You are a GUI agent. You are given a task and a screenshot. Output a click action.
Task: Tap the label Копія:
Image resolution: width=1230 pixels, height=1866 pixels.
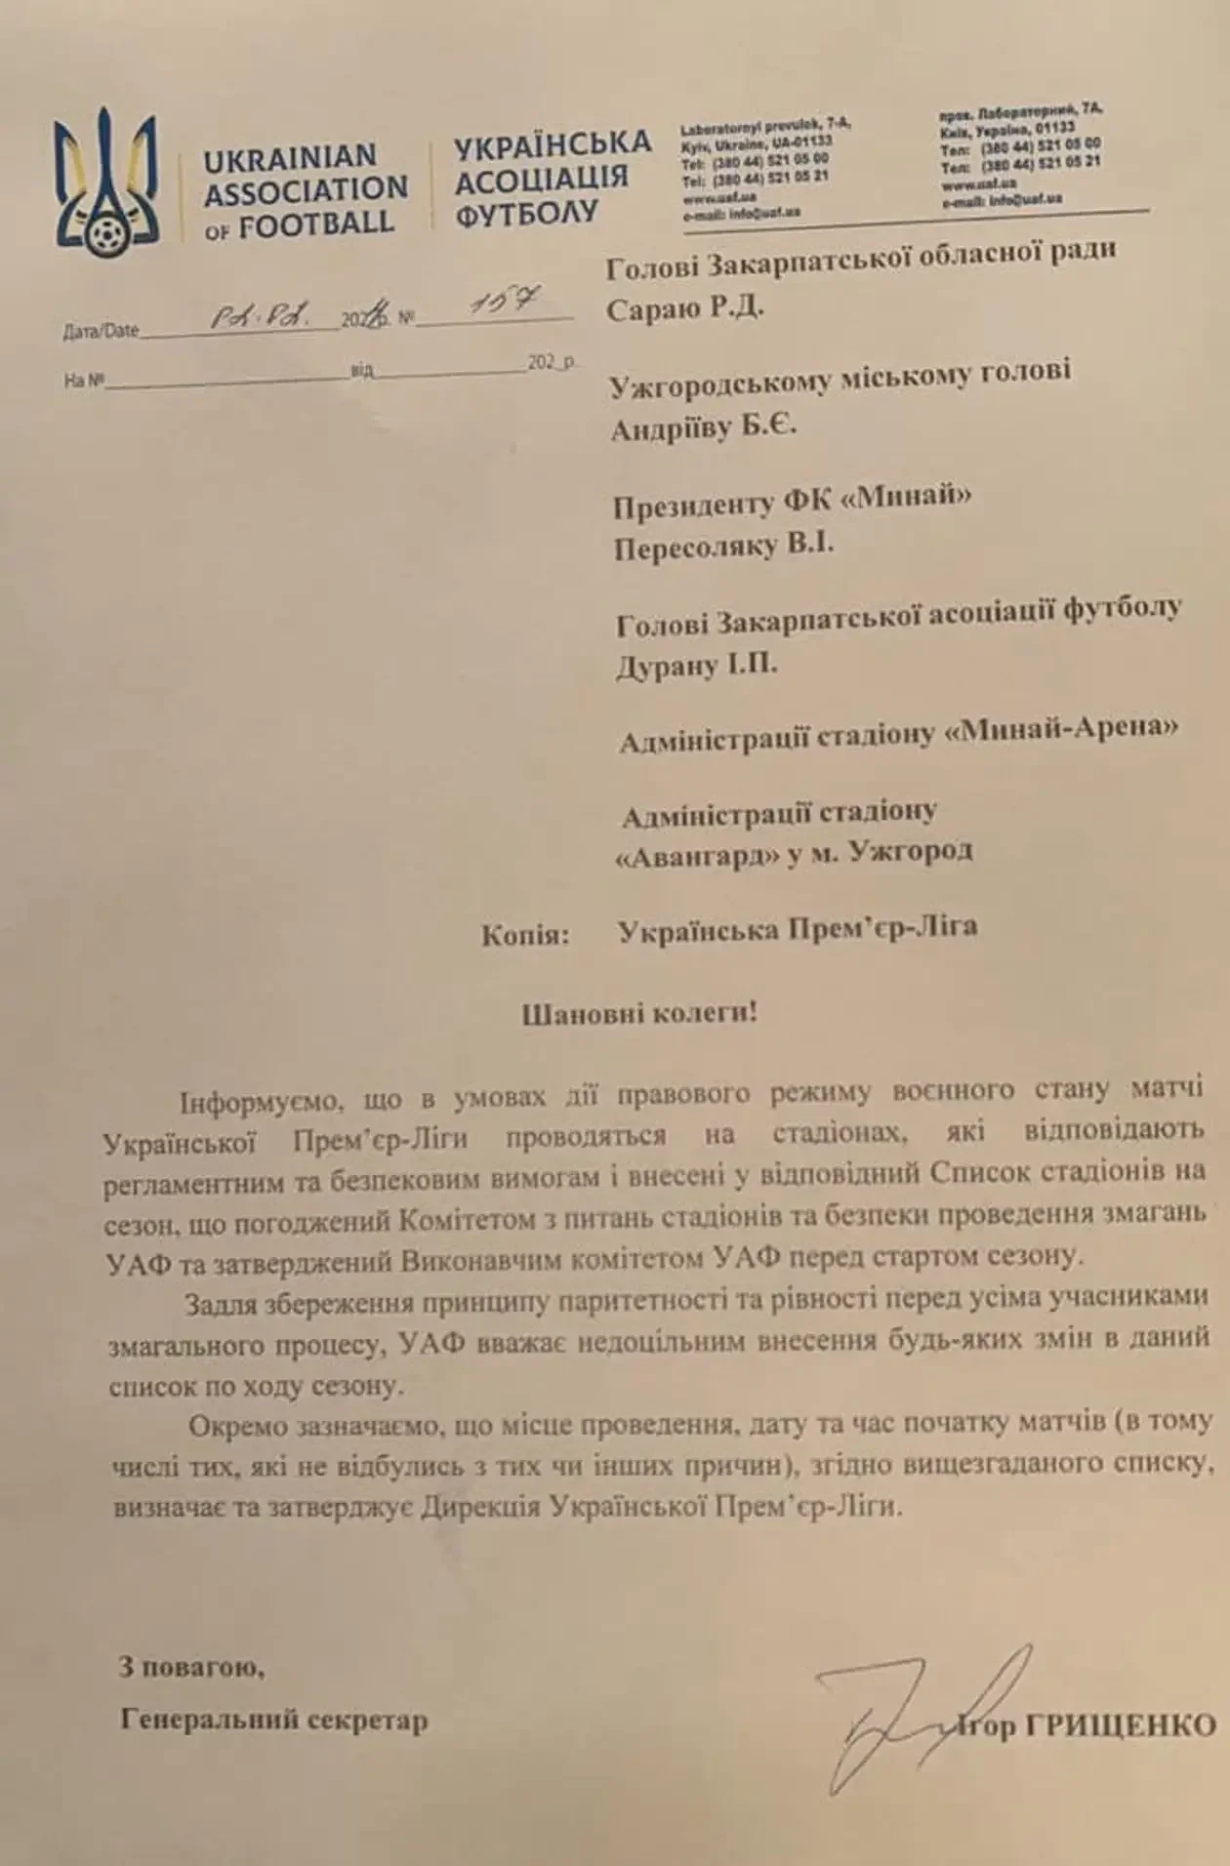524,936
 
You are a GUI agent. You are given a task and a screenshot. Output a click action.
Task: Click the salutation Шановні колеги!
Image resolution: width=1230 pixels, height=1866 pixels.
639,1013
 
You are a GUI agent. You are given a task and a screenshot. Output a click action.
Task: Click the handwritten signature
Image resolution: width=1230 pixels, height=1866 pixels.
898,1718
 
